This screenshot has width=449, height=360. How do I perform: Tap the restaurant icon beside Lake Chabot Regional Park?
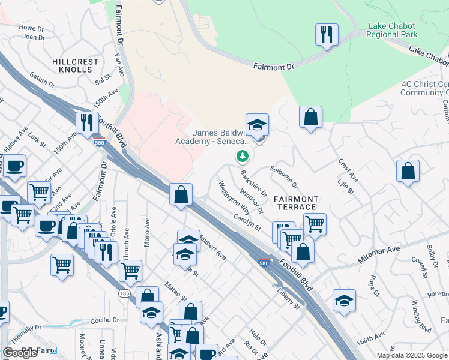point(327,34)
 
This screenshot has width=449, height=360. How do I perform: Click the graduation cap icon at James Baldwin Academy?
point(257,125)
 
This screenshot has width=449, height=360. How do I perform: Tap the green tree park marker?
point(243,157)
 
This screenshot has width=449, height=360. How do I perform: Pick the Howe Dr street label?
point(32,28)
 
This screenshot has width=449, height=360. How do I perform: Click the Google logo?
point(20,353)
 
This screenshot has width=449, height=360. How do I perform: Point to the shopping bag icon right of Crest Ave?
point(408,170)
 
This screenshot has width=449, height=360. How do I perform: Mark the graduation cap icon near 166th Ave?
point(345,300)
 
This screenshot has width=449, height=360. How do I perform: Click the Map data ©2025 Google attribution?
point(412,355)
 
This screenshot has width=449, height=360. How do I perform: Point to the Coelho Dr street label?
point(102,320)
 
